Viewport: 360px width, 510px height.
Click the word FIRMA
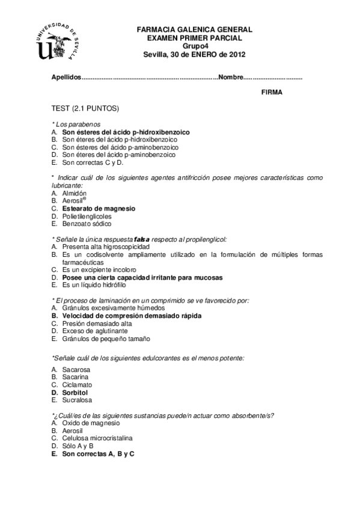pyautogui.click(x=272, y=92)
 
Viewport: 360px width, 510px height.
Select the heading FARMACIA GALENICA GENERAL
pyautogui.click(x=195, y=29)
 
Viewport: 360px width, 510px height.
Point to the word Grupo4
pyautogui.click(x=195, y=45)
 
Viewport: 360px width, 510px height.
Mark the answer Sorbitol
pyautogui.click(x=75, y=392)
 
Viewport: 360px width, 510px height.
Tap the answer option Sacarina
pyautogui.click(x=75, y=377)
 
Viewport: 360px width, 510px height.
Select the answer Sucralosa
pyautogui.click(x=76, y=399)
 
